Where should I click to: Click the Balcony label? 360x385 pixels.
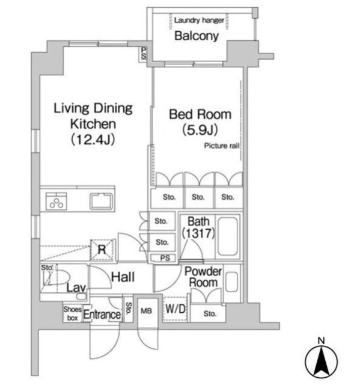coord(197,36)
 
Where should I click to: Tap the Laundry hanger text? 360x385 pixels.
coord(199,20)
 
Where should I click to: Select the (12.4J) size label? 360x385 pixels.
coord(93,140)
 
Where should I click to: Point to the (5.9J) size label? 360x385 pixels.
coord(200,130)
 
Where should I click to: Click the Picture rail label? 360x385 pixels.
coord(222,146)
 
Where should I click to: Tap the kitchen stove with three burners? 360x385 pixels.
coord(56,201)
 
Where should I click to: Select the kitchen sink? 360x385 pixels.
coord(102,201)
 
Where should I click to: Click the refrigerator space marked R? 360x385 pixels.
coord(102,250)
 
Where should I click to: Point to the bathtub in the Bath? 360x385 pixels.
coord(228,236)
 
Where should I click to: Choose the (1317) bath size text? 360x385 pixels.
coord(198,233)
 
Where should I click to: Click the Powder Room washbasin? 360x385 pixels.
coord(232,282)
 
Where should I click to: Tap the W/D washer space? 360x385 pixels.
coord(175,309)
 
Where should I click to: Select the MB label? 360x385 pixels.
coord(146,311)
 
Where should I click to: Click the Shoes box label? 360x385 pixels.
coord(72,313)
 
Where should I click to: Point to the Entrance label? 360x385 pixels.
coord(102,315)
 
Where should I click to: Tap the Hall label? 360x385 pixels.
coord(123,277)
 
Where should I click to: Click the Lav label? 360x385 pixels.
coord(76,288)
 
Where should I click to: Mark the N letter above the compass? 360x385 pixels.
coord(321,340)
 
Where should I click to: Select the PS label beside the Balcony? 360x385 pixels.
coord(144,54)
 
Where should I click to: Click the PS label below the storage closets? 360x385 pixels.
coord(165,258)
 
